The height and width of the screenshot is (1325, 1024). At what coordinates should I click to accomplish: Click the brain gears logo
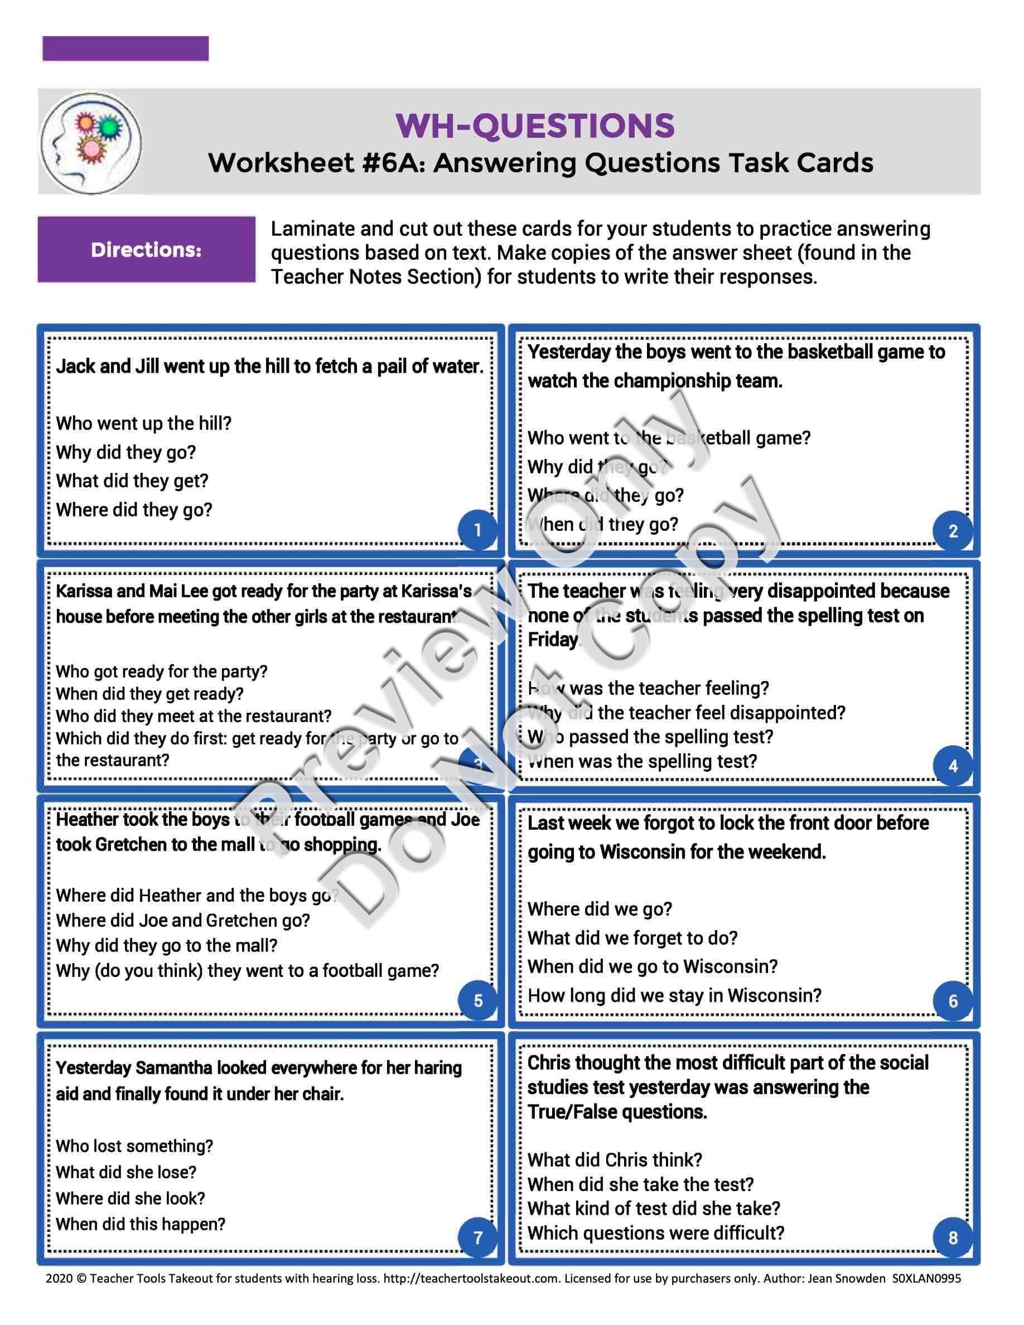click(x=91, y=143)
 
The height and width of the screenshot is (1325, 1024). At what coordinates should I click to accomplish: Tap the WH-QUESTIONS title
click(x=534, y=125)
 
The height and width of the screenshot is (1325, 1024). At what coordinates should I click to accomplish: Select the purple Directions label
click(x=146, y=249)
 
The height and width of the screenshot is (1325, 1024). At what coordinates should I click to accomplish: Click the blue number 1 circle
click(x=477, y=530)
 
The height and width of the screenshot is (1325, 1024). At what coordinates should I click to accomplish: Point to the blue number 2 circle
click(x=953, y=531)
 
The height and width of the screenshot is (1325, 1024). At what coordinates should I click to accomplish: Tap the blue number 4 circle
click(x=953, y=766)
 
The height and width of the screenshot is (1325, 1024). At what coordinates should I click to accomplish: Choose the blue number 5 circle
click(x=477, y=1000)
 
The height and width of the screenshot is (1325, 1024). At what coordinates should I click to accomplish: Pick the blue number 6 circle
click(x=953, y=1000)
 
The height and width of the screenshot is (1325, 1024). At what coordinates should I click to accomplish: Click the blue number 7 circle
click(x=477, y=1237)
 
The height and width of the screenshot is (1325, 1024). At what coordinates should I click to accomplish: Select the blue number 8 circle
click(x=953, y=1237)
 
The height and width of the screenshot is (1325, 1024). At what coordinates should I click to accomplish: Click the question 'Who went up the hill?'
click(x=144, y=423)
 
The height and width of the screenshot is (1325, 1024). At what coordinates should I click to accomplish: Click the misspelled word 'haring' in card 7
click(x=437, y=1067)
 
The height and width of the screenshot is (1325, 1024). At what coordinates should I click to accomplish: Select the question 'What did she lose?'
click(x=126, y=1172)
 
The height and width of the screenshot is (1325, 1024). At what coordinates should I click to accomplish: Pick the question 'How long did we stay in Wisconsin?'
click(x=674, y=995)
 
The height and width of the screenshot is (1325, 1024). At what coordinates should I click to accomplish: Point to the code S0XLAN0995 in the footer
click(x=926, y=1278)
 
